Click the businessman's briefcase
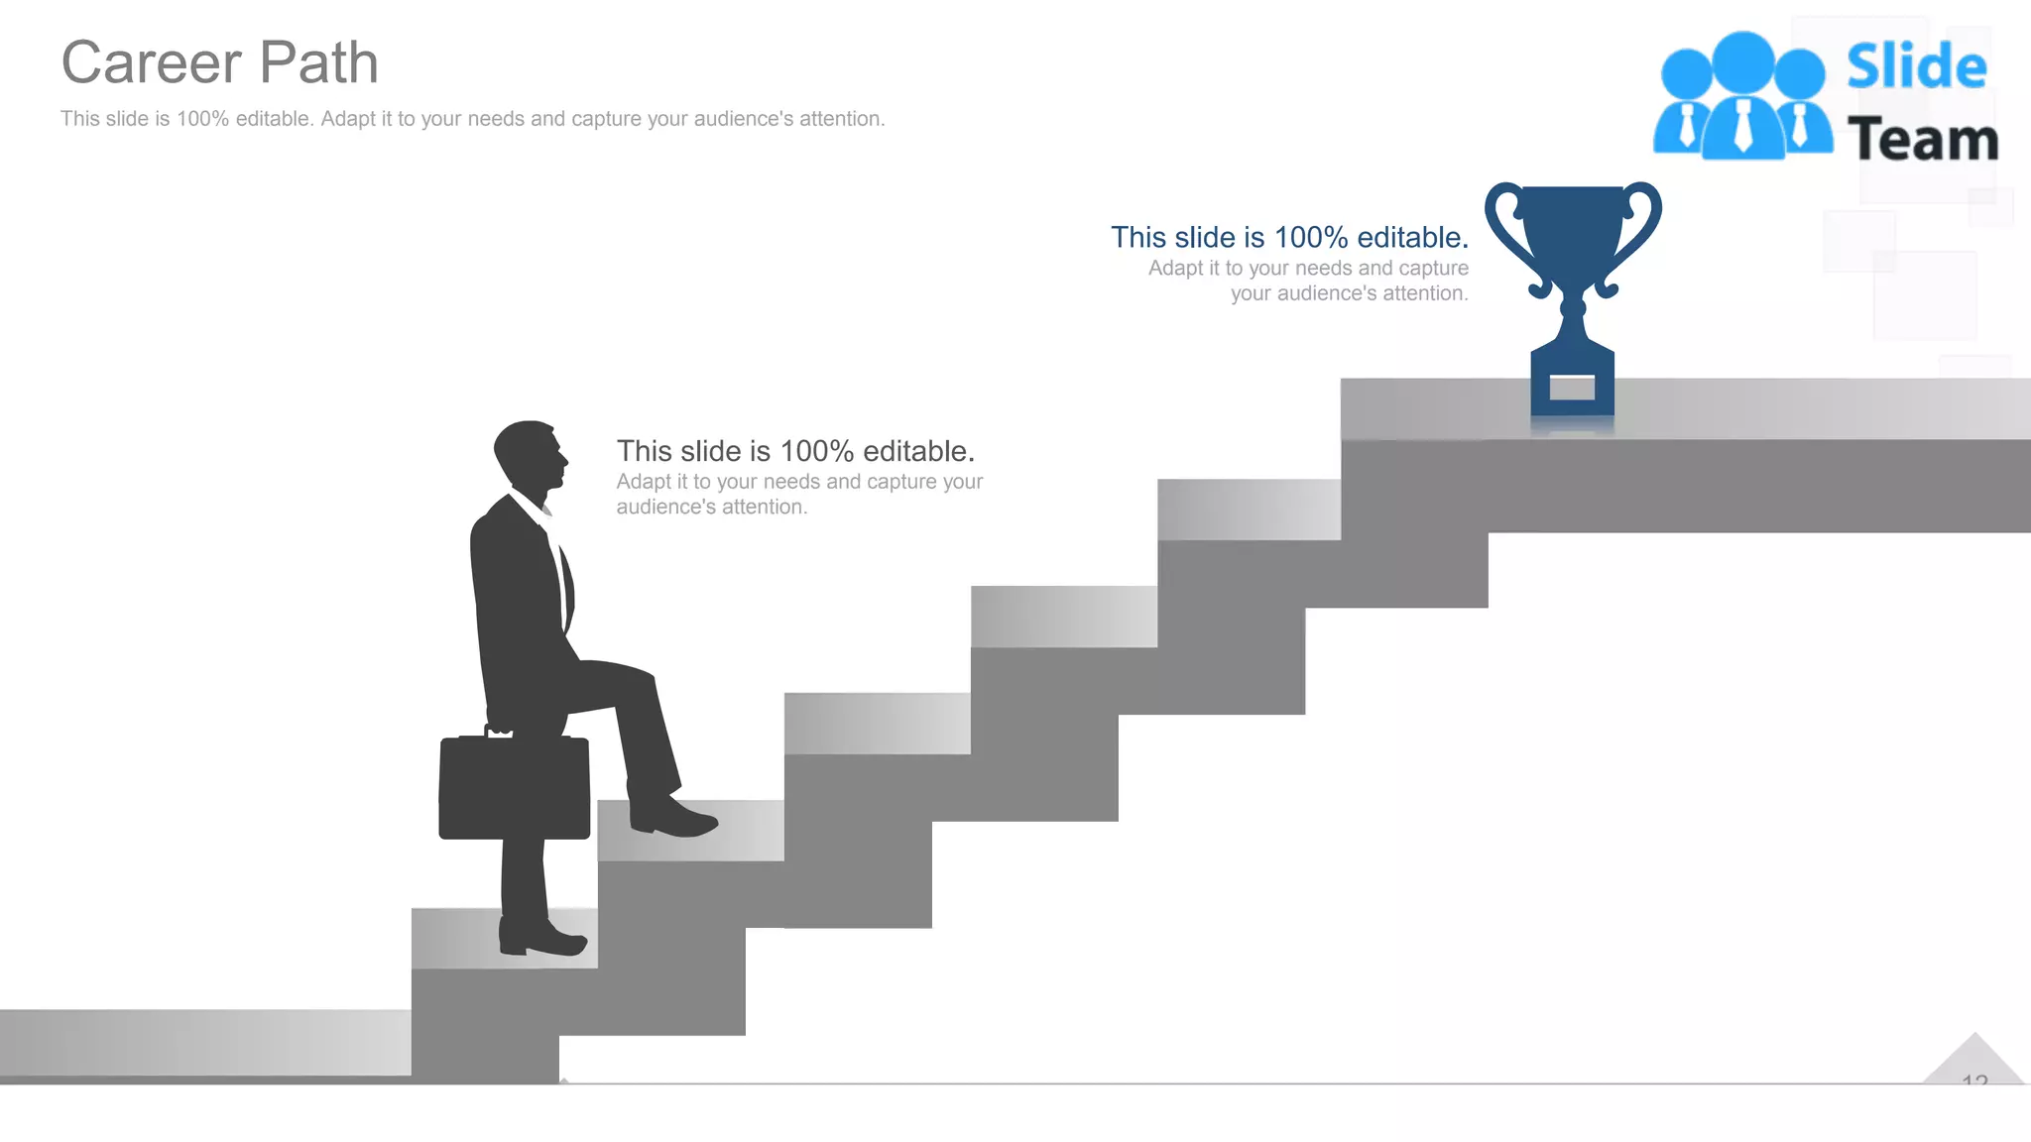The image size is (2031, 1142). [514, 788]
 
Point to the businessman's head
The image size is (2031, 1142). [530, 455]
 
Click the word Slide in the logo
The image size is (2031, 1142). [1916, 67]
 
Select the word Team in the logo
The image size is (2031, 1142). [1922, 140]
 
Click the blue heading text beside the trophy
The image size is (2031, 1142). [1289, 238]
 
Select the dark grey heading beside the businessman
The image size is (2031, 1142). [795, 452]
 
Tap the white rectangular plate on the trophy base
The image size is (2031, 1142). [1572, 387]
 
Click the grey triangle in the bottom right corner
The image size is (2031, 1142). [1973, 1061]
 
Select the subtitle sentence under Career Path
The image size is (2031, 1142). [472, 119]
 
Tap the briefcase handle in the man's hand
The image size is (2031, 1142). [498, 731]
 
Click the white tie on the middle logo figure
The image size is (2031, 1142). [1742, 127]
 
